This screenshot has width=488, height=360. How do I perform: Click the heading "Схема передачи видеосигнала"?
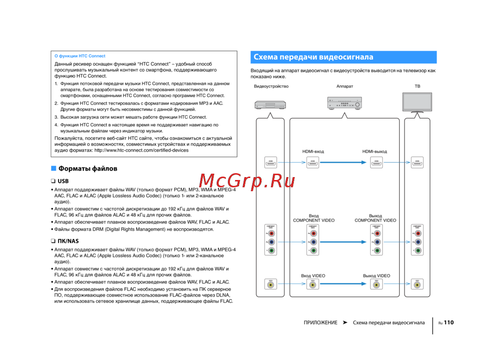click(x=313, y=57)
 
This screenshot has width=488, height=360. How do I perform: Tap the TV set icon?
click(x=417, y=102)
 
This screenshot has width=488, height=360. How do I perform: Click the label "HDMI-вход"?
click(x=313, y=151)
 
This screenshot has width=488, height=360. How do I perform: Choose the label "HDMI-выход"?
click(x=375, y=151)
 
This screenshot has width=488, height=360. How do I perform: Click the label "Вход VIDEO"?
click(x=313, y=276)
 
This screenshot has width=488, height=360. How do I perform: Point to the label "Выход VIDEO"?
click(x=376, y=276)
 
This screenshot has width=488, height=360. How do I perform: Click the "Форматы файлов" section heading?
click(x=88, y=169)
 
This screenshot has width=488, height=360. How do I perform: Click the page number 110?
click(x=449, y=322)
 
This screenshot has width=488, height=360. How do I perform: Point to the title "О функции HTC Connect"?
click(x=80, y=56)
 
